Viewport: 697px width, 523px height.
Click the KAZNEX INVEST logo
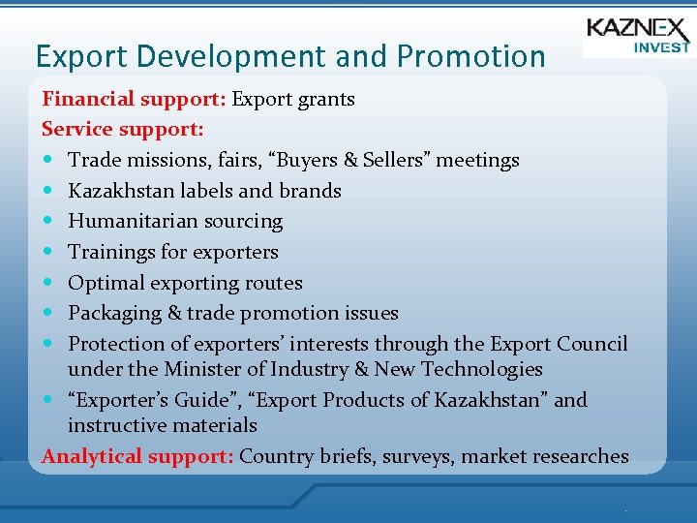tap(638, 36)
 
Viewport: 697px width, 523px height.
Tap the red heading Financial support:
tap(135, 99)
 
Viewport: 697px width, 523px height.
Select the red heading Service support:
tap(122, 129)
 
